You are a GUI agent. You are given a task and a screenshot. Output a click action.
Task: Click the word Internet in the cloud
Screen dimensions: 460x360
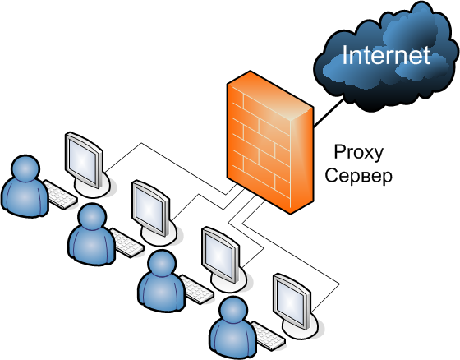point(386,55)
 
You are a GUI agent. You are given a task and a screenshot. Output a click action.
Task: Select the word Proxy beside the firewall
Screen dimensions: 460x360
point(359,153)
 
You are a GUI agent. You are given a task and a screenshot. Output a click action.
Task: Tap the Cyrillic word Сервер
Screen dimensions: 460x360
point(358,176)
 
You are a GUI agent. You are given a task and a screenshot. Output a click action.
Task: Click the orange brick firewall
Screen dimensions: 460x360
point(270,142)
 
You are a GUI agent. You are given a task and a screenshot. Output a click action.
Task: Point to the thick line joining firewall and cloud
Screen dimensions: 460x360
point(329,113)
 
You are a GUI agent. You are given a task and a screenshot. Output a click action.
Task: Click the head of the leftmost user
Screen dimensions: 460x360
point(25,168)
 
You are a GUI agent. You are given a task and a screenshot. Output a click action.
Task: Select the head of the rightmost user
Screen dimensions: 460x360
point(233,311)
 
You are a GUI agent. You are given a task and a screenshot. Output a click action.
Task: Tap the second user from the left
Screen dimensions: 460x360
point(92,234)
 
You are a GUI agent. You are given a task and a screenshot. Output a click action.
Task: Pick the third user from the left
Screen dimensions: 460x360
point(162,281)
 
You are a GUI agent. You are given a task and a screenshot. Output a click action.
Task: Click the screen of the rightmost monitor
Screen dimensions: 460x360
point(291,302)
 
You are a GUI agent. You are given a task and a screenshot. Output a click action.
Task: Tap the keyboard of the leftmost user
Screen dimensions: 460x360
point(60,195)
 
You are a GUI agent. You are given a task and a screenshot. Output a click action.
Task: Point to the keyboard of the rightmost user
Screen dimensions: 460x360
point(268,336)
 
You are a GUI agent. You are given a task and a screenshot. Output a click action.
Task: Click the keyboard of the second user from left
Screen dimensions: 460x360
point(127,242)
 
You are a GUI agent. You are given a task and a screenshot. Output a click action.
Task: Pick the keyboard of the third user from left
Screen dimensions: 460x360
point(197,289)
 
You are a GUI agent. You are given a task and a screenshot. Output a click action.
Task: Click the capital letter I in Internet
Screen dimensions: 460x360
point(345,55)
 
